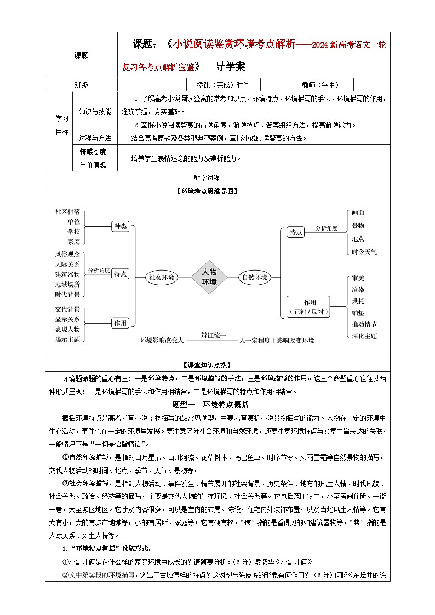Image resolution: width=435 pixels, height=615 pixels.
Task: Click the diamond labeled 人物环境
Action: [209, 277]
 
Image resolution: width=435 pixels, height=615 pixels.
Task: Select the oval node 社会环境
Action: [162, 278]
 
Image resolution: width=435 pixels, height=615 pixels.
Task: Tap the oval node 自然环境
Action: [255, 277]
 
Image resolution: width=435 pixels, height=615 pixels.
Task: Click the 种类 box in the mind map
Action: [120, 226]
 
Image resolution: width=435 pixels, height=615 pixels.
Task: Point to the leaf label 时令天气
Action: [364, 252]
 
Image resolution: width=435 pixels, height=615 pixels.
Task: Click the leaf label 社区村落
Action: [67, 211]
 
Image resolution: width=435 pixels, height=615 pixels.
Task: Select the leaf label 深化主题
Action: [364, 336]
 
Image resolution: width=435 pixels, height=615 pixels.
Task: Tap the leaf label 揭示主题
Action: [67, 339]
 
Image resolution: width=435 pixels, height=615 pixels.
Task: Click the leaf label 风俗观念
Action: [67, 255]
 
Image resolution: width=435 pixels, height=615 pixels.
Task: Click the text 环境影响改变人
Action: [162, 340]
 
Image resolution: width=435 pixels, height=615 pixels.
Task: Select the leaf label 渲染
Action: [358, 290]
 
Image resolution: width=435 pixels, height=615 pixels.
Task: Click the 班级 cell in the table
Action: [81, 85]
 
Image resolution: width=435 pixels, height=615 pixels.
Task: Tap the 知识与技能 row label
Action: [95, 112]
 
